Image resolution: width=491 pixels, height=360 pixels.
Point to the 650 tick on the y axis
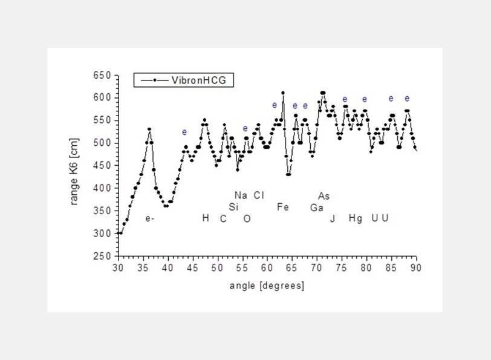(x=103, y=75)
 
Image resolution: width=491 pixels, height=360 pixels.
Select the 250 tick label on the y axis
(x=103, y=257)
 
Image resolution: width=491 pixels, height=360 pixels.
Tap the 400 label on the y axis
(x=103, y=188)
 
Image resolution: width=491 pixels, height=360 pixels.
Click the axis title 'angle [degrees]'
(x=267, y=285)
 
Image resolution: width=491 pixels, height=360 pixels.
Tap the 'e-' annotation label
(x=150, y=218)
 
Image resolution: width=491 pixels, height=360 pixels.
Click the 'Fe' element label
(x=282, y=208)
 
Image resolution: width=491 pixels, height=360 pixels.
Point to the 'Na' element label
(x=241, y=195)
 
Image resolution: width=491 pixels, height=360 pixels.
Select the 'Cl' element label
(x=259, y=195)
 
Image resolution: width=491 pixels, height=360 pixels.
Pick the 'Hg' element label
(x=356, y=218)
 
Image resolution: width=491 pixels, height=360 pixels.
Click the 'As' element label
(x=324, y=196)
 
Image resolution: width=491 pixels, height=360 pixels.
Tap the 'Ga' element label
(x=317, y=208)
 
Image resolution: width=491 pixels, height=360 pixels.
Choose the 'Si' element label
(x=233, y=207)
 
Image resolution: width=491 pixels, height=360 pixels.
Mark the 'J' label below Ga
(x=332, y=219)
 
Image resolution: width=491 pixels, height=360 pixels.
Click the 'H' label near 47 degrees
(x=206, y=218)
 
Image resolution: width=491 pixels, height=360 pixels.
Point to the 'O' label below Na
(x=247, y=219)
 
